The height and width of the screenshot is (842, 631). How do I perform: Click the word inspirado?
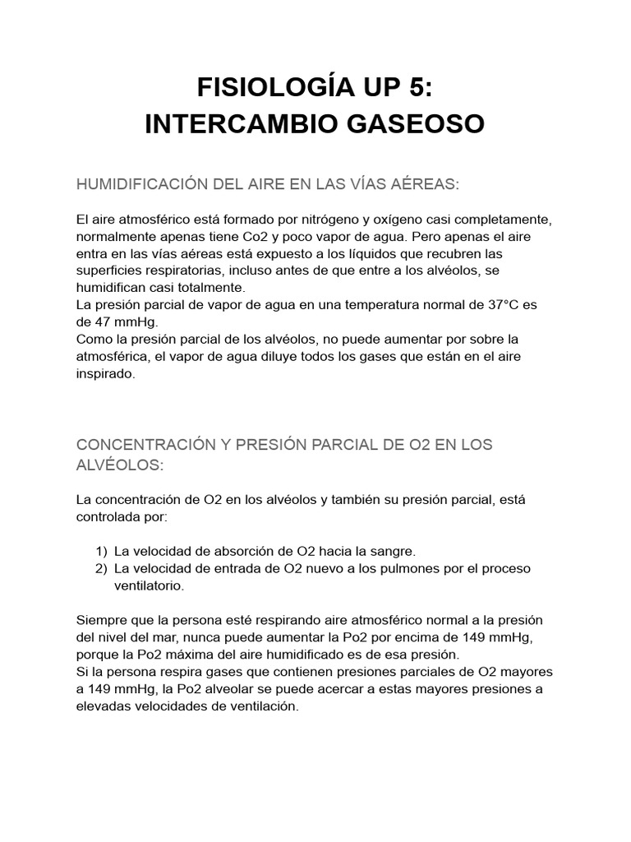coord(105,372)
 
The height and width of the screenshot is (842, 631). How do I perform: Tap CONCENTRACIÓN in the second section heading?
coord(153,445)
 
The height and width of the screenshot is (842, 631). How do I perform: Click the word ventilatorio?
coord(150,585)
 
